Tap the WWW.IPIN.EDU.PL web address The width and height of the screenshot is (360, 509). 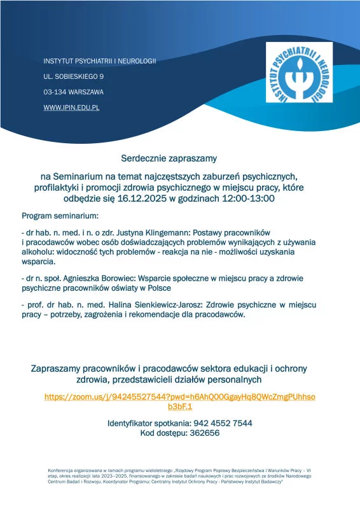71,108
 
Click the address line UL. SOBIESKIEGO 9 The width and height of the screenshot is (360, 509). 73,76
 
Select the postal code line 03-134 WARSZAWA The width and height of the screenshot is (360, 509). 73,92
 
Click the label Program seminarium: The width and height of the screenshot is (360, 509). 60,215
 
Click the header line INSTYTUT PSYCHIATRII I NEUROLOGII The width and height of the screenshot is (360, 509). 99,60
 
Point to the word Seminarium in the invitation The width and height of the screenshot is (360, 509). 80,176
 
